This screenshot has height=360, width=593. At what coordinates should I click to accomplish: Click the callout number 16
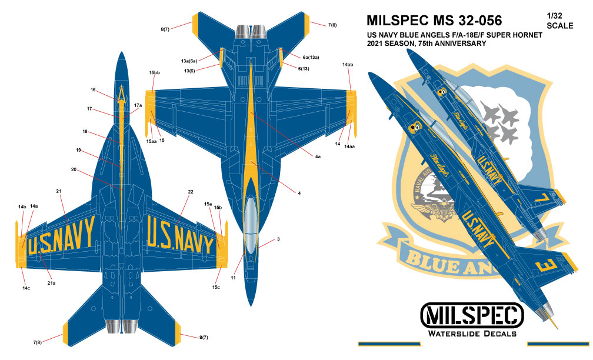tap(93, 90)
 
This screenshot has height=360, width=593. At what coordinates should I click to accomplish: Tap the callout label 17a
tap(138, 105)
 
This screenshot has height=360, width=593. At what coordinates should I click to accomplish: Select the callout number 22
tap(191, 192)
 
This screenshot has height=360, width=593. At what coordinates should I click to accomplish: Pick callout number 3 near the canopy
tap(278, 239)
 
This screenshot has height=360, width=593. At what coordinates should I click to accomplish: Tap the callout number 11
tap(234, 276)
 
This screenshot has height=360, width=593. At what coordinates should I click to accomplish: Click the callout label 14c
tap(26, 288)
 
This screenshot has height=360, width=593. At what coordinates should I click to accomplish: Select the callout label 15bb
tap(154, 72)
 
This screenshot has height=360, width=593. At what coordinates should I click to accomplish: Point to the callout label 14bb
tap(347, 64)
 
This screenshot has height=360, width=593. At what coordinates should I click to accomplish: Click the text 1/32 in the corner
tap(554, 16)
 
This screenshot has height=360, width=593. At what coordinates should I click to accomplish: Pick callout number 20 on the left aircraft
tap(74, 170)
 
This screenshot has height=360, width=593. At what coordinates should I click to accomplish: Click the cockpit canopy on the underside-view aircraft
tap(251, 216)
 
